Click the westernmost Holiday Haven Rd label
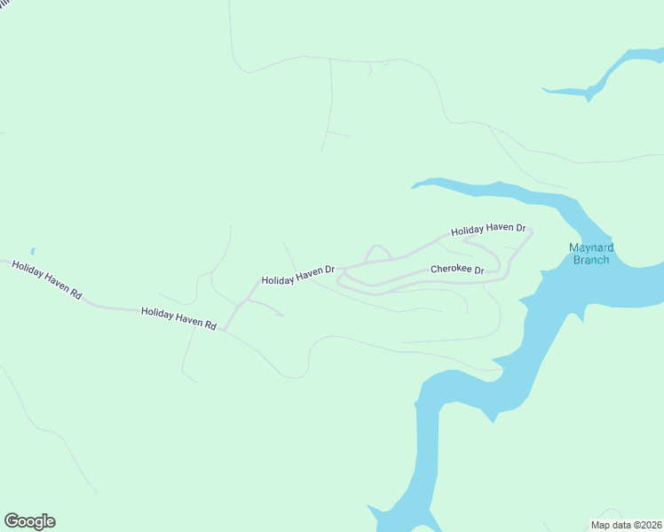click(x=46, y=278)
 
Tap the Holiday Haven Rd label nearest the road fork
click(x=178, y=319)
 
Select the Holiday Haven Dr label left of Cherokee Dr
click(x=297, y=275)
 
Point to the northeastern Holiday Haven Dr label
click(x=488, y=230)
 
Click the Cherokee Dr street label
click(x=457, y=269)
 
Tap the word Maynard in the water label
click(x=591, y=247)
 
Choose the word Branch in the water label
click(x=591, y=260)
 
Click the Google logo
click(x=29, y=521)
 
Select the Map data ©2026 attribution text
click(x=626, y=525)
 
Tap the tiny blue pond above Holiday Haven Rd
click(x=33, y=252)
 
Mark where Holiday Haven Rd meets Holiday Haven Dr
click(x=225, y=329)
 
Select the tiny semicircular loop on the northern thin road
click(x=384, y=63)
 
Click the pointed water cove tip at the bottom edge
click(x=371, y=508)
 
